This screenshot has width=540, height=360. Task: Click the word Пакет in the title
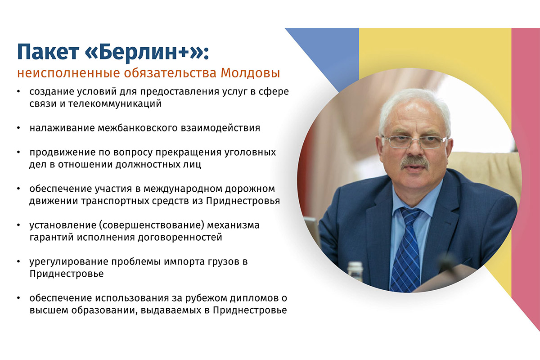48,52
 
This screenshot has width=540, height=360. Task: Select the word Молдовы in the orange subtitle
250,73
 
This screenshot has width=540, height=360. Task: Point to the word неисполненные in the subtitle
69,73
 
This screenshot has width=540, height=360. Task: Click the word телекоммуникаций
115,103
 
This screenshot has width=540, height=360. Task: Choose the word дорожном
250,189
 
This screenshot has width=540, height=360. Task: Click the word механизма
233,225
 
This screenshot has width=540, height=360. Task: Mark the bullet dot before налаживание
18,128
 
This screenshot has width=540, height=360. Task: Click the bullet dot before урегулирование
18,261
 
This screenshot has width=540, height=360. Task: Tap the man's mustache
414,162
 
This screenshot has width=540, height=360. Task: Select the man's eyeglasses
414,142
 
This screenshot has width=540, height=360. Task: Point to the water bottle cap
355,265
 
